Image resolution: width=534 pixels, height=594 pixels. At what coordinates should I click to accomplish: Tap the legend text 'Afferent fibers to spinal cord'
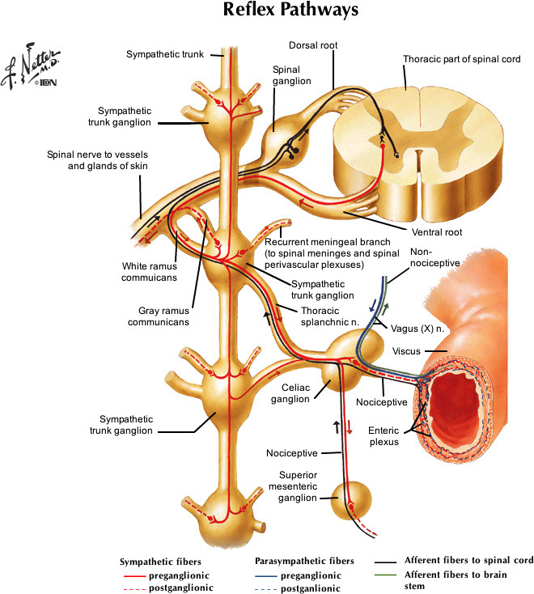pyautogui.click(x=468, y=560)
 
